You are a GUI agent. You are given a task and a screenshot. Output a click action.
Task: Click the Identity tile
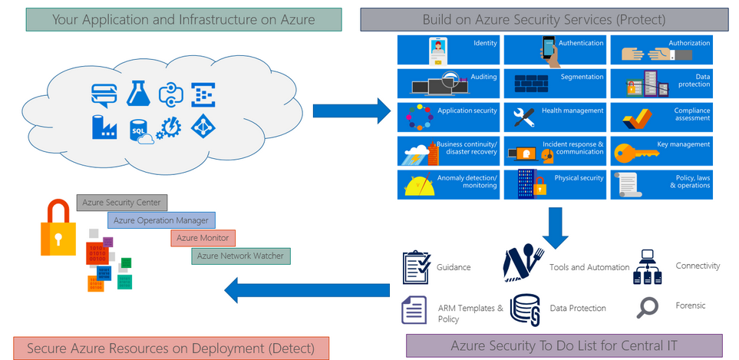(x=448, y=48)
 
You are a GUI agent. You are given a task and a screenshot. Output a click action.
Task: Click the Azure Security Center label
(x=121, y=203)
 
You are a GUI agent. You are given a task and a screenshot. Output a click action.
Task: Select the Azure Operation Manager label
(x=161, y=220)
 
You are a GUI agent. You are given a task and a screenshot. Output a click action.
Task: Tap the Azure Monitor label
(x=203, y=238)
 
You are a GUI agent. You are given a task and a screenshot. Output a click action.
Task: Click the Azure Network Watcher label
(x=240, y=256)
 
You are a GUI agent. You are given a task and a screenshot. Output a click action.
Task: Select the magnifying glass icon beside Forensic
(x=648, y=307)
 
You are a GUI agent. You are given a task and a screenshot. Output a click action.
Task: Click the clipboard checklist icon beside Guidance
(x=417, y=267)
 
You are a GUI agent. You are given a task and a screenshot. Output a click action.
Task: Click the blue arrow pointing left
(x=307, y=289)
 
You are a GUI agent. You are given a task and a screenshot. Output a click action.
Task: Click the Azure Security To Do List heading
(x=563, y=345)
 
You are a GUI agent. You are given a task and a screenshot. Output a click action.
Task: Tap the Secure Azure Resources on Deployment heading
(x=170, y=348)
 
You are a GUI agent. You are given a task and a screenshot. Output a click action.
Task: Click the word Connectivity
(x=698, y=266)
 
